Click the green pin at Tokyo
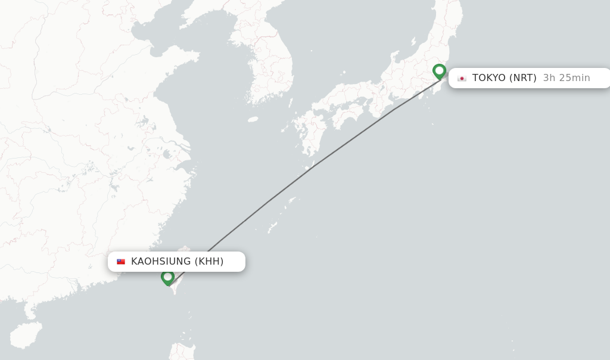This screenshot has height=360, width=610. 440,71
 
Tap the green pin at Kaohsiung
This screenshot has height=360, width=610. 168,277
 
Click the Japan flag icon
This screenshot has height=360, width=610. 462,78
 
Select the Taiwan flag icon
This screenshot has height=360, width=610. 121,262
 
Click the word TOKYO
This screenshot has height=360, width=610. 488,78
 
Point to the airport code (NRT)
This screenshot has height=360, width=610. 523,78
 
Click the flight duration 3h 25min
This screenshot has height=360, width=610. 567,78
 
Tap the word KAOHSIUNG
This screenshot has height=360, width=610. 161,262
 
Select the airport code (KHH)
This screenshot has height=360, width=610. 209,262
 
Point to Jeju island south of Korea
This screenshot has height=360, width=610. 253,119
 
